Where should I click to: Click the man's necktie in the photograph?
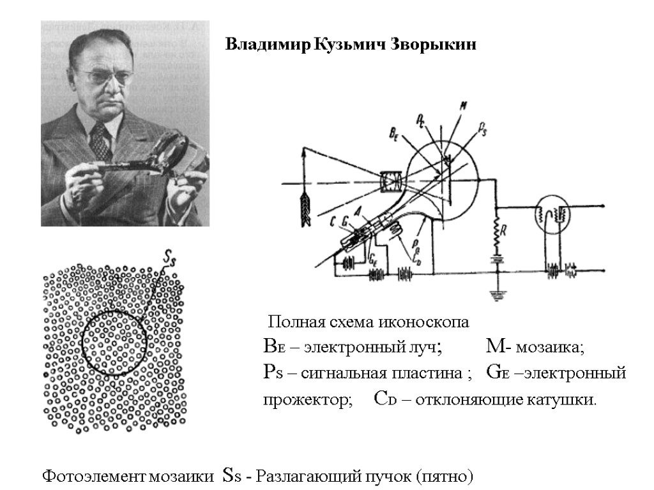[100, 141]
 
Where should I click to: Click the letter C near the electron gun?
[333, 223]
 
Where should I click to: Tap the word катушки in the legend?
[565, 401]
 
